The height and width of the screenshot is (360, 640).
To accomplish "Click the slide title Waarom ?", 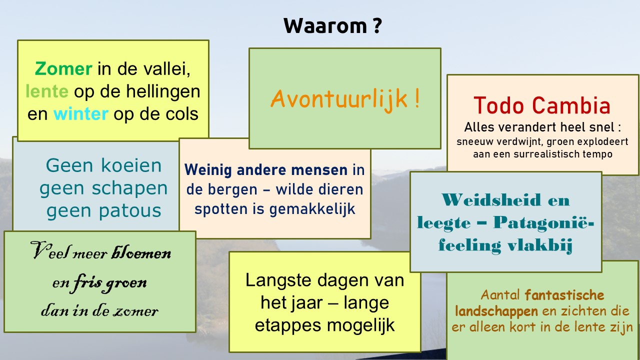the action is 332,25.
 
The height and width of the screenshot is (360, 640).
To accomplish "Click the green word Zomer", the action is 63,69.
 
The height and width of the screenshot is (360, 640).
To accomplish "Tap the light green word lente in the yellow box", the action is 47,91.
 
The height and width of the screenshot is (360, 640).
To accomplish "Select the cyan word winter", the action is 81,113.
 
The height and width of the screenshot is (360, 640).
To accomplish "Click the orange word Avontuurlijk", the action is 339,99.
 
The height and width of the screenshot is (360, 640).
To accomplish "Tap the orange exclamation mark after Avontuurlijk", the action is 417,98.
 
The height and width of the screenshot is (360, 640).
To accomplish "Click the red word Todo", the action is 499,105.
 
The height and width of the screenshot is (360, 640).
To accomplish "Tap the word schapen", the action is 129,189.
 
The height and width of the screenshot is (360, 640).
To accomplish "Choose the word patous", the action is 130,211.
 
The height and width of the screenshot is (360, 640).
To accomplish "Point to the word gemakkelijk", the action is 312,209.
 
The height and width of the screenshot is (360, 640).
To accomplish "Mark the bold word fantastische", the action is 564,295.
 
